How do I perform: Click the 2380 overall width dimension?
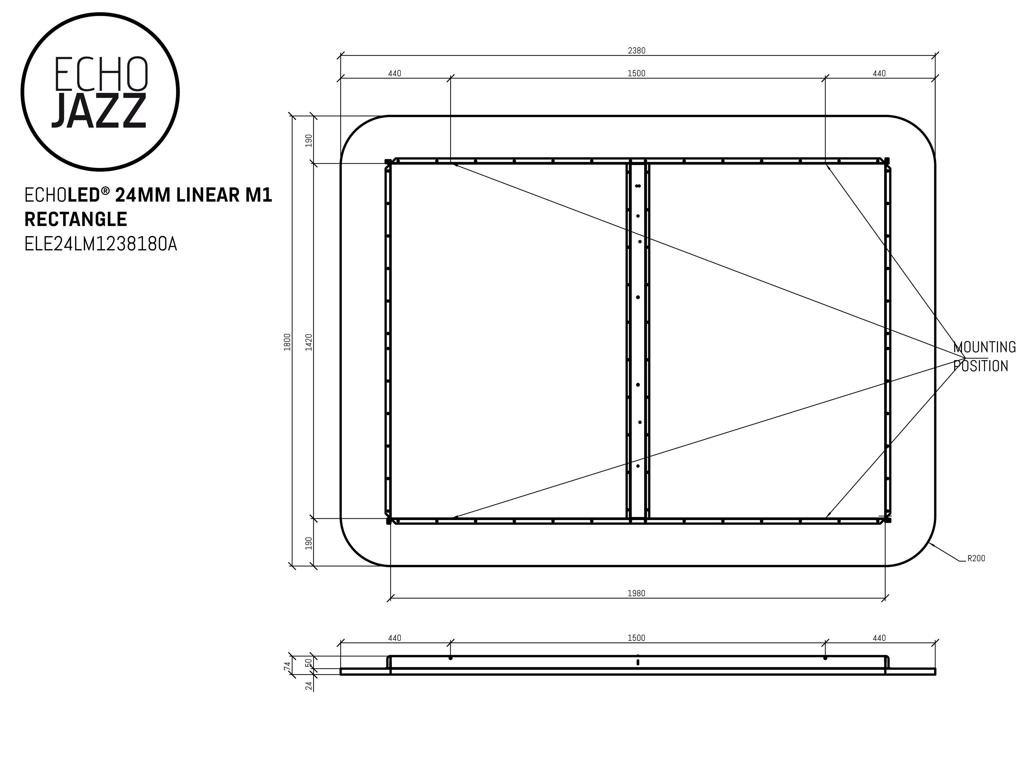click(637, 51)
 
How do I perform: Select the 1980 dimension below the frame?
click(636, 594)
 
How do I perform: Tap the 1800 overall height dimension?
click(287, 342)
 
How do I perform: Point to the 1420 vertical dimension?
click(309, 342)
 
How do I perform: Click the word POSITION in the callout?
click(981, 366)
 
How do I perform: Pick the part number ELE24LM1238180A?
click(100, 244)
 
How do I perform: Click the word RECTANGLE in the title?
click(76, 220)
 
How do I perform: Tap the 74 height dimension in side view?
click(287, 666)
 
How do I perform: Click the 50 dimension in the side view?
click(309, 662)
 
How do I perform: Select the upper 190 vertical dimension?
click(309, 140)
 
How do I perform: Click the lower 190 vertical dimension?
click(309, 543)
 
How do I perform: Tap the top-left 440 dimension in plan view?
click(395, 73)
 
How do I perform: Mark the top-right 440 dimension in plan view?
click(879, 73)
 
